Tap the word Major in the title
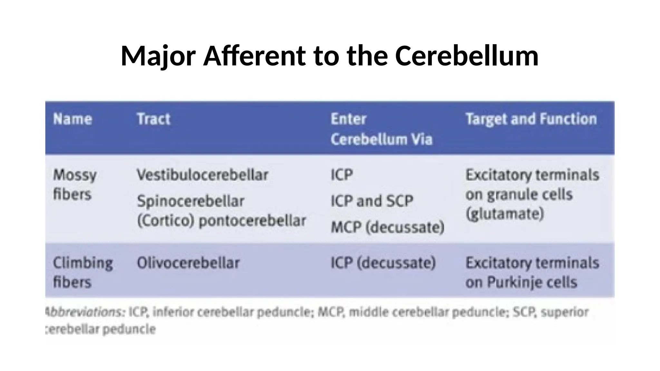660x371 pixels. coord(158,56)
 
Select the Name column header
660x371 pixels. coord(73,119)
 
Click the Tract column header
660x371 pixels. coord(153,119)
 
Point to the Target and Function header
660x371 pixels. coord(531,119)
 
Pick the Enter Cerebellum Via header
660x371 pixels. coord(381,129)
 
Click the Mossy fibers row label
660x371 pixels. coord(75,185)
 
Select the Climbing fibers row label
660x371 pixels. coord(83,272)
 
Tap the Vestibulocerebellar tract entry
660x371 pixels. coord(202,175)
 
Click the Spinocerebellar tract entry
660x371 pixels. coord(190,201)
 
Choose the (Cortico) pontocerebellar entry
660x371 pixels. coord(221,221)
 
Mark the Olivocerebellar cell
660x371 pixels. coord(188,263)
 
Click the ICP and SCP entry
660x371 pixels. coord(372,201)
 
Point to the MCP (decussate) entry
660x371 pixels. coord(388,227)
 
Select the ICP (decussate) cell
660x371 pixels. coord(383,263)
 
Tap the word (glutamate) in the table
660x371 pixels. coord(505,214)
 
